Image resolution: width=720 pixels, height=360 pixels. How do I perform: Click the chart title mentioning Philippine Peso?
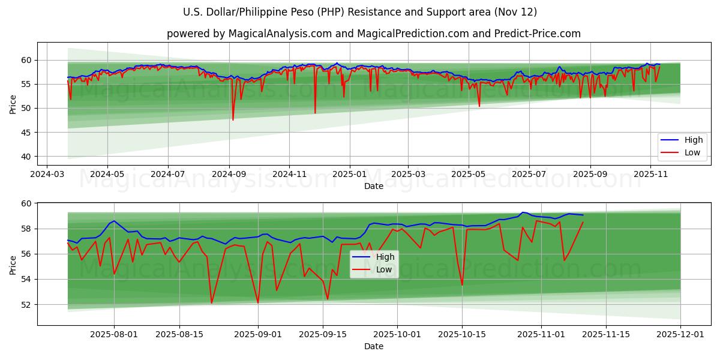(x=360, y=12)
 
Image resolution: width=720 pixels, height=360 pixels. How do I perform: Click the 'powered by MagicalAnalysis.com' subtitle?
(x=373, y=34)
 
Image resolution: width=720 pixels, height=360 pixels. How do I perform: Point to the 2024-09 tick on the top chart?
(x=229, y=174)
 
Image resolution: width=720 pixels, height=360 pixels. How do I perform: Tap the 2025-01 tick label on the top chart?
(x=349, y=174)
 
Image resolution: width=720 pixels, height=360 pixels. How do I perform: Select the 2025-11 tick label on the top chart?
(x=651, y=174)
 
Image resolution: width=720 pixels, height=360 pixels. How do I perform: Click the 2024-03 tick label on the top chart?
(x=47, y=174)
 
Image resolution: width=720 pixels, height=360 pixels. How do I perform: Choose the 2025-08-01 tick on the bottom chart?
(x=114, y=334)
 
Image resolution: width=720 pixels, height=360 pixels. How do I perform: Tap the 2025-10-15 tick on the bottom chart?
(x=461, y=334)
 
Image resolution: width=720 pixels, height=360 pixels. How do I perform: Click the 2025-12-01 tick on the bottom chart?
(x=680, y=334)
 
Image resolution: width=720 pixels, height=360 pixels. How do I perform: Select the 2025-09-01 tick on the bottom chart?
(x=258, y=334)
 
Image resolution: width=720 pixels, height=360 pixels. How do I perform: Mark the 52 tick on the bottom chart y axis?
(x=26, y=305)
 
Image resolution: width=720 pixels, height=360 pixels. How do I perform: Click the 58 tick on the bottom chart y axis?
(x=26, y=229)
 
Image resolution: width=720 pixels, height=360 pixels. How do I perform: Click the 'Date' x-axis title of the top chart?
(x=373, y=187)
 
